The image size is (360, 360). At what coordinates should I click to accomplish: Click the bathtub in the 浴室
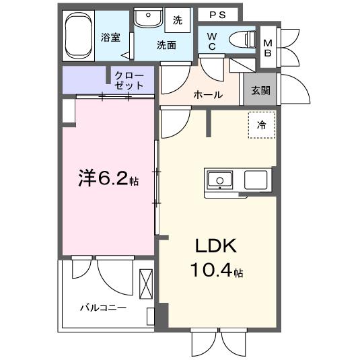pos(81,36)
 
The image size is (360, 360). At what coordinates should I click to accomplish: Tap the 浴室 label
pos(111,38)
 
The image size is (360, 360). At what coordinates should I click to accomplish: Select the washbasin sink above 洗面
pos(147,19)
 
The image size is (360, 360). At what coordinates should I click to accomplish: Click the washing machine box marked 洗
pos(178,20)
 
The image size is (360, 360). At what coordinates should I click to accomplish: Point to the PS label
pos(217,15)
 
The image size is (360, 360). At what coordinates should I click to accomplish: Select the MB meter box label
pos(267,47)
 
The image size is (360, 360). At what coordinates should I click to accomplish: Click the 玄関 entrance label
pos(262,92)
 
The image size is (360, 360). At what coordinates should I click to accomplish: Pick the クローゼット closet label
pos(129,80)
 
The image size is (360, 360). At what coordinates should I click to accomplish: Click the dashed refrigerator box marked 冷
pos(261,124)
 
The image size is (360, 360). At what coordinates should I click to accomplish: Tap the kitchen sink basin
pos(219,180)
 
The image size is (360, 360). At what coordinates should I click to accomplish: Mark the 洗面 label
pos(166,46)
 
